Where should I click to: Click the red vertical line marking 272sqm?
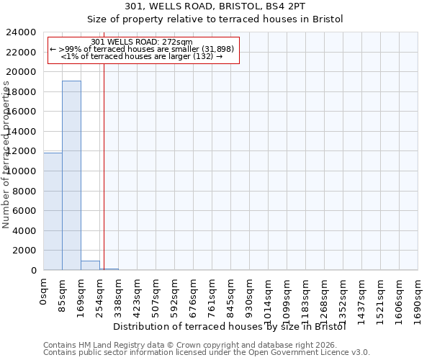tap(104, 166)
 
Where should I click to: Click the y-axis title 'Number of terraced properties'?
tap(6, 155)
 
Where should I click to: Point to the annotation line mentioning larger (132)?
tap(142, 56)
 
